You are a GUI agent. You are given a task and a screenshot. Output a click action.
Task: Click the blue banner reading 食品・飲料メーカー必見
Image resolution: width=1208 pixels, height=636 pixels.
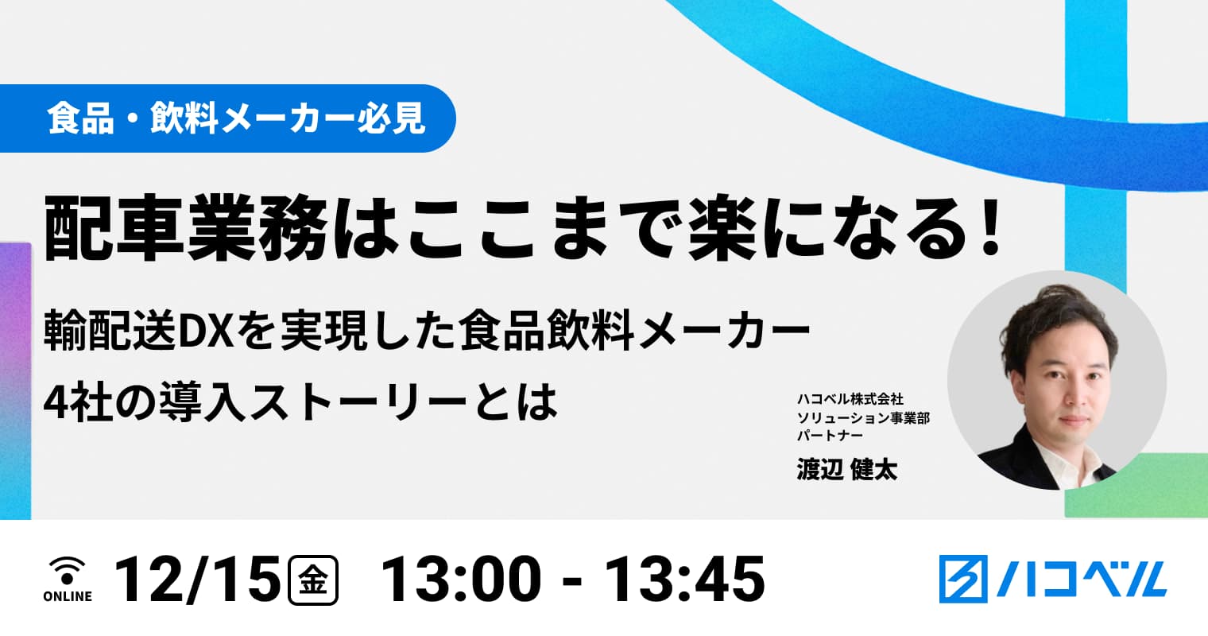click(227, 118)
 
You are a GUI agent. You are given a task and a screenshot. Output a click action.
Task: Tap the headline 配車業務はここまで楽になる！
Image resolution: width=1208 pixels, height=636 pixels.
click(523, 227)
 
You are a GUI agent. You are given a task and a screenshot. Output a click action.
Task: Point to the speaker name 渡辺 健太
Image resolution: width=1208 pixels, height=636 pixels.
click(846, 469)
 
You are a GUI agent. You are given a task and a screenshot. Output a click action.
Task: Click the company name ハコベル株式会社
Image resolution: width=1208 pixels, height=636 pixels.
click(850, 399)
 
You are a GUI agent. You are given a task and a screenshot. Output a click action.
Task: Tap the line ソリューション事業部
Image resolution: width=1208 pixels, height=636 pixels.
click(863, 417)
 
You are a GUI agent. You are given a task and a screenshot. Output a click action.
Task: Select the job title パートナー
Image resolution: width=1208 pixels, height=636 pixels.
click(830, 435)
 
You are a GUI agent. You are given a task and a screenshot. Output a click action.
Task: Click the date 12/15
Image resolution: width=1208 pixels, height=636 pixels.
click(197, 580)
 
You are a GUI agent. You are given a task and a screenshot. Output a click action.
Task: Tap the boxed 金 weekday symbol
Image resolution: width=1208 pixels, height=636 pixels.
click(313, 580)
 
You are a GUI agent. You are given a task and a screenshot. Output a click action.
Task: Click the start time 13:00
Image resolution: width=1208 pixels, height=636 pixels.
click(461, 580)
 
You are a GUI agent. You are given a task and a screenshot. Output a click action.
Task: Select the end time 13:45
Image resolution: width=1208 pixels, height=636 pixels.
click(684, 580)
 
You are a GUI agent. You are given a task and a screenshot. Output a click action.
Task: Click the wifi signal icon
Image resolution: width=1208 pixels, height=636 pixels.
click(68, 571)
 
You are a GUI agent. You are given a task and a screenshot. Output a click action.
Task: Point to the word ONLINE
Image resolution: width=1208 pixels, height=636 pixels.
click(68, 596)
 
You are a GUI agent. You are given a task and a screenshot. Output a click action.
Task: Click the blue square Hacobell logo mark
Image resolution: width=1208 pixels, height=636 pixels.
click(963, 579)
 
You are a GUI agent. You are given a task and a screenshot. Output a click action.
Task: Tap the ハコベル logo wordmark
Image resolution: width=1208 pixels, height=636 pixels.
click(1082, 579)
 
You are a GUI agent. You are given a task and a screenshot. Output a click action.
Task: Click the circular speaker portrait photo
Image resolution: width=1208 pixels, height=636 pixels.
click(1057, 380)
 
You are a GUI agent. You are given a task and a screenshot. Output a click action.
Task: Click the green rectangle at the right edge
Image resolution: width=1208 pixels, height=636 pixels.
click(1136, 486)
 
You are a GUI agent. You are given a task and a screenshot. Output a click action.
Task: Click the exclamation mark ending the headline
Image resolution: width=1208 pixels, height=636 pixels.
click(990, 227)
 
